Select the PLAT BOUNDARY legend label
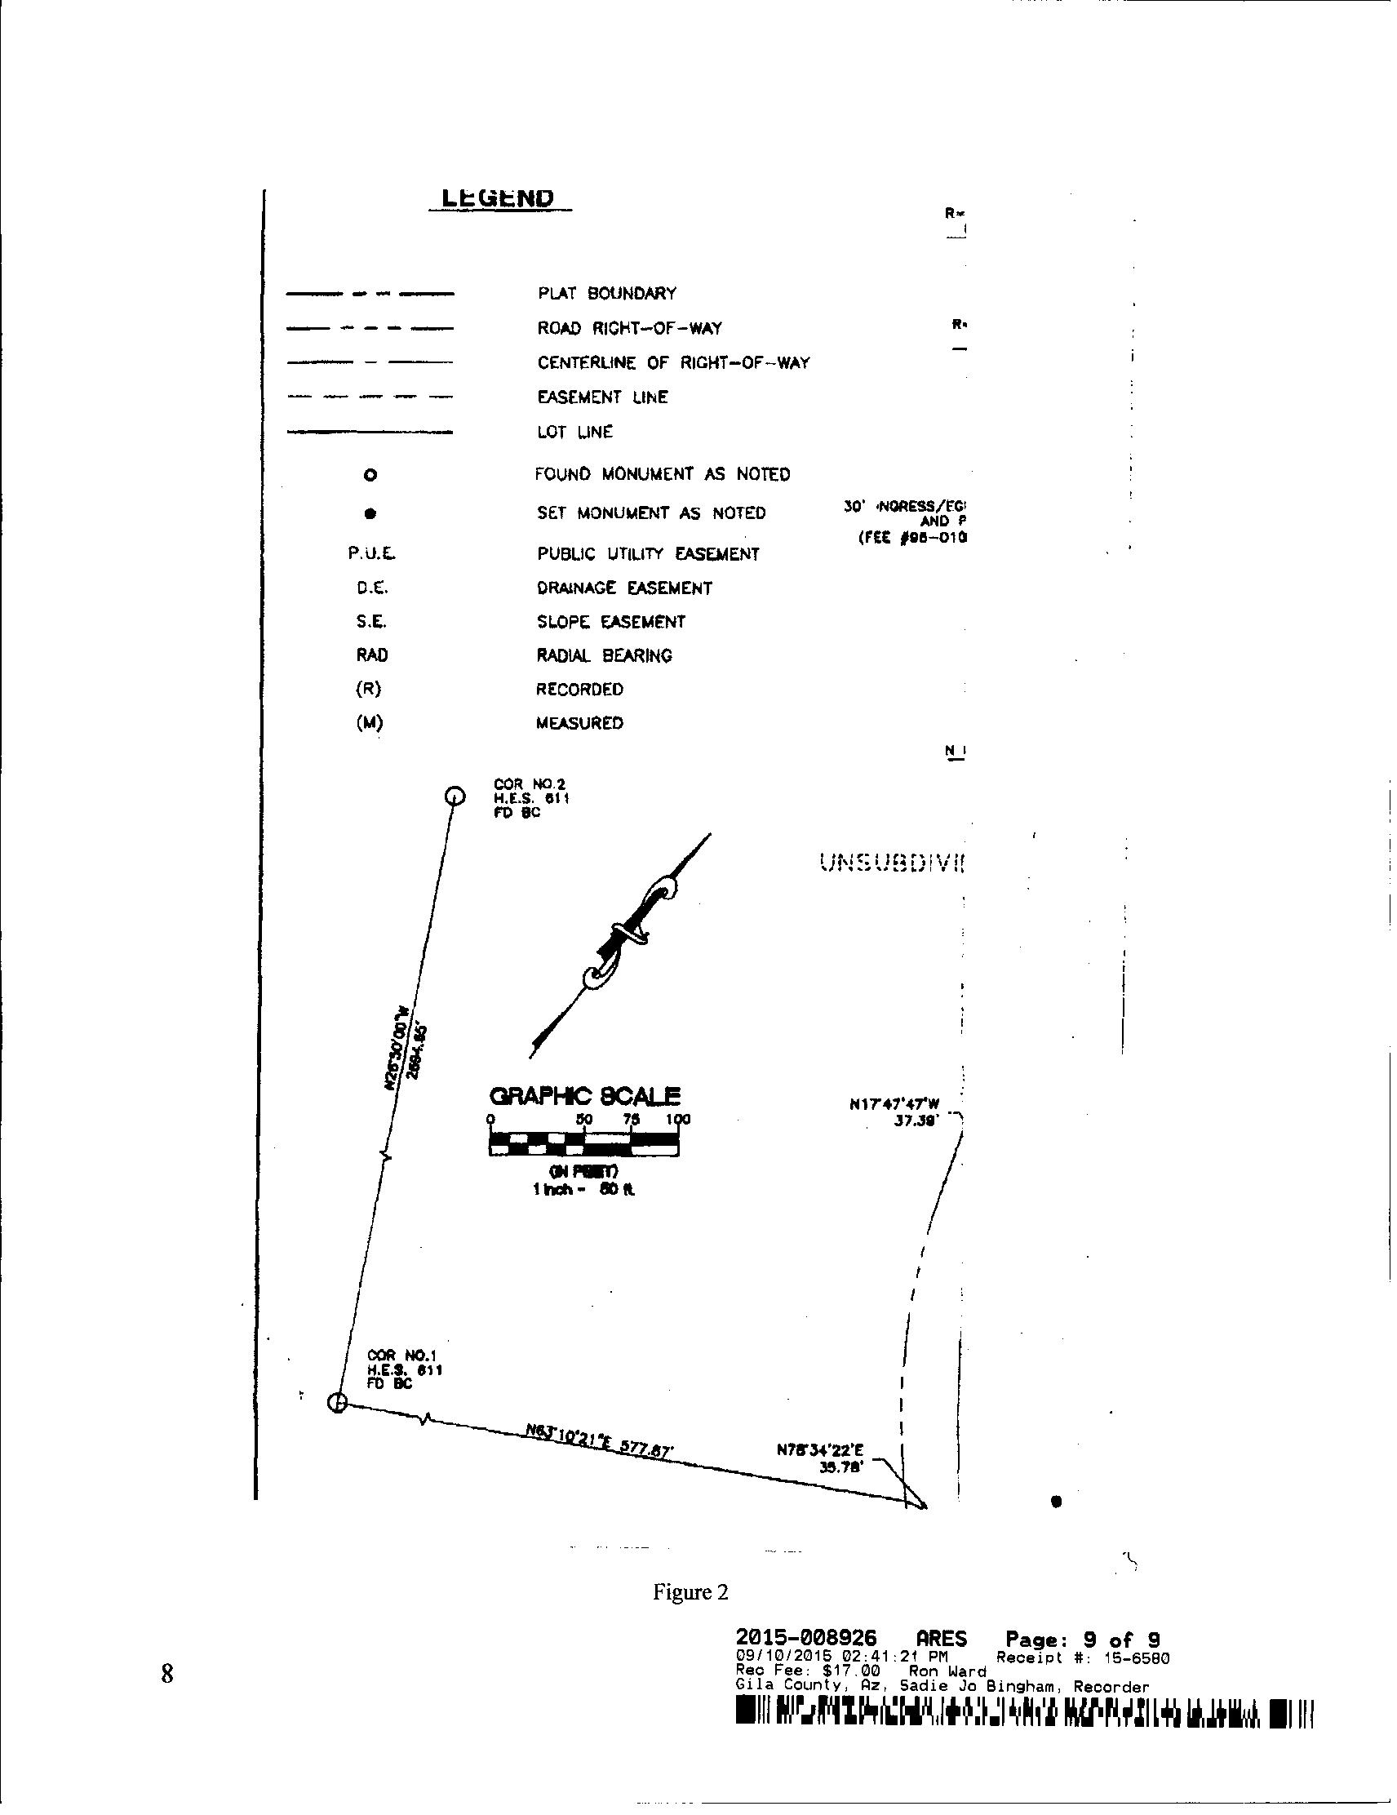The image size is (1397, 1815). click(606, 293)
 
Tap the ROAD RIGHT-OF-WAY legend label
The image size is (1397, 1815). click(629, 328)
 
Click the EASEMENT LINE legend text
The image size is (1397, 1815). click(601, 397)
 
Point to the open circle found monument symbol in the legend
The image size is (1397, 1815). click(370, 475)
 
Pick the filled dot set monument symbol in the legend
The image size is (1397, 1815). click(370, 513)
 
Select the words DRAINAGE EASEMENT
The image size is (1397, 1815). click(624, 588)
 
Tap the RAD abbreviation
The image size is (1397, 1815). click(371, 655)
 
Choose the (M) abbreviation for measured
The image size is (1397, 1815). click(370, 723)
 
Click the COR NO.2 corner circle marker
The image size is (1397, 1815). click(455, 797)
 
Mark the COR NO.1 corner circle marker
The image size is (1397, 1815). click(336, 1403)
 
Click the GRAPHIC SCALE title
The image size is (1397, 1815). click(585, 1095)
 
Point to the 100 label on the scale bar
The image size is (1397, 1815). click(678, 1120)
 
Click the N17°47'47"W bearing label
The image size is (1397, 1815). click(894, 1105)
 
